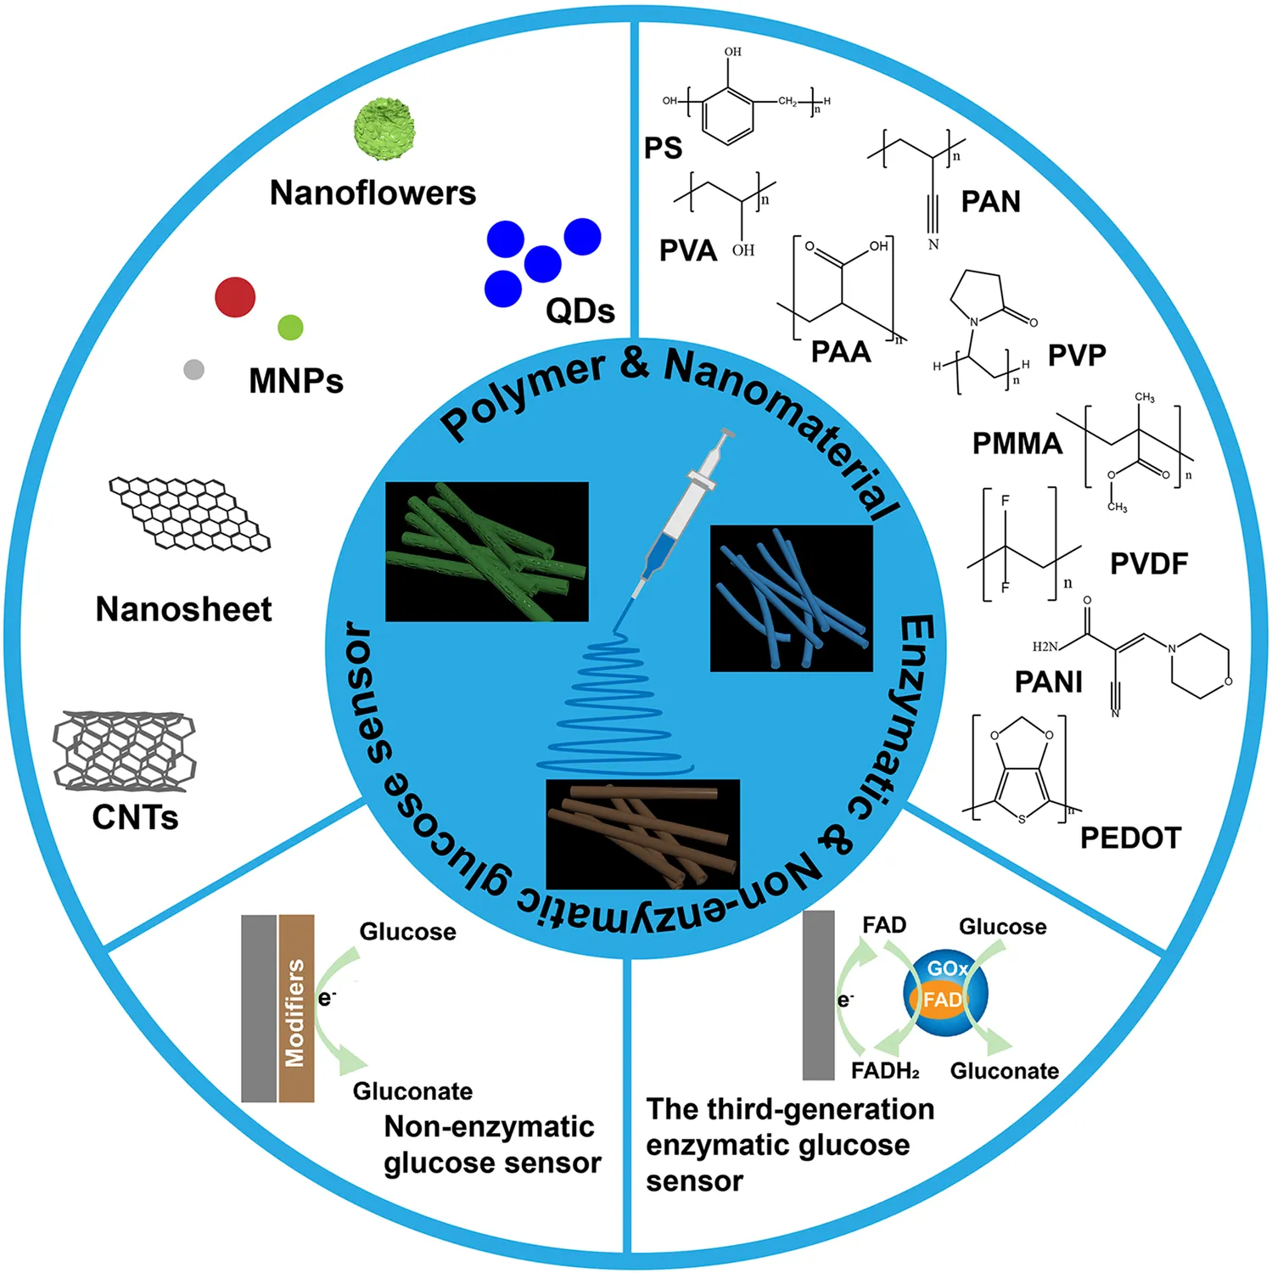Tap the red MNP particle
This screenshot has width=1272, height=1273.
tap(235, 297)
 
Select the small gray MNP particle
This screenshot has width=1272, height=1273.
tap(193, 369)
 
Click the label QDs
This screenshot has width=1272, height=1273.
tap(580, 311)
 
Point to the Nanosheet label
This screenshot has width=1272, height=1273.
tap(183, 609)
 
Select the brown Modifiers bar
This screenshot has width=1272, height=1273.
tap(296, 1008)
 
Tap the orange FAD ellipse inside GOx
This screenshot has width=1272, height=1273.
tap(943, 1000)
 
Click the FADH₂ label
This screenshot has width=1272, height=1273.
tap(885, 1071)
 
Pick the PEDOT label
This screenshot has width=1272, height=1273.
tap(1130, 838)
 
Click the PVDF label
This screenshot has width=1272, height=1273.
tap(1149, 564)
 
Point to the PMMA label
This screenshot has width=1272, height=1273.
tap(1017, 443)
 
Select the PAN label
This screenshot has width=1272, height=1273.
tap(990, 202)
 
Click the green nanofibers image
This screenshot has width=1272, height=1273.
tap(486, 552)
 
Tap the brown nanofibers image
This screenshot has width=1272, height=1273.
tap(642, 834)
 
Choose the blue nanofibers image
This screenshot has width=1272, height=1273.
tap(791, 598)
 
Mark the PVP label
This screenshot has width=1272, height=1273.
tap(1077, 355)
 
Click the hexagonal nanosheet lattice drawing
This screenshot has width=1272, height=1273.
tap(189, 513)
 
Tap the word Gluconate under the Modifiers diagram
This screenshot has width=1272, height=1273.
tap(412, 1091)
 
